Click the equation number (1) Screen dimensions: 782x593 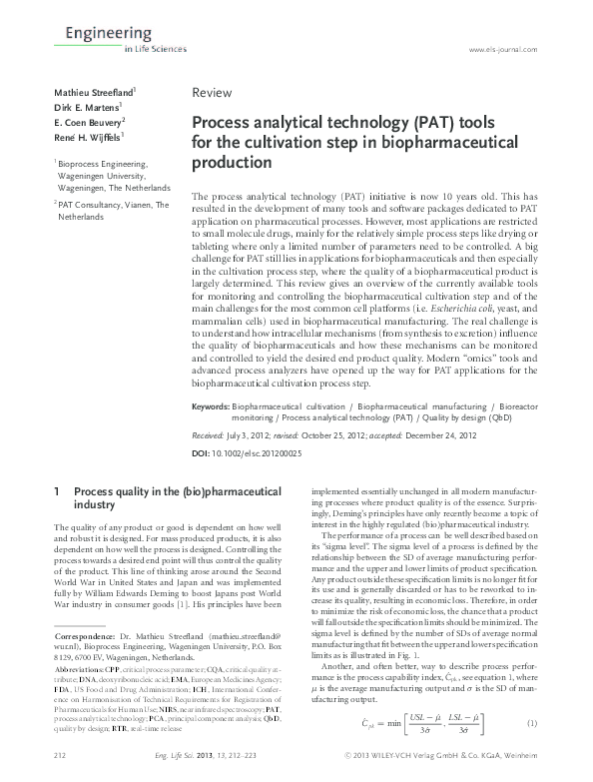pyautogui.click(x=533, y=723)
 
